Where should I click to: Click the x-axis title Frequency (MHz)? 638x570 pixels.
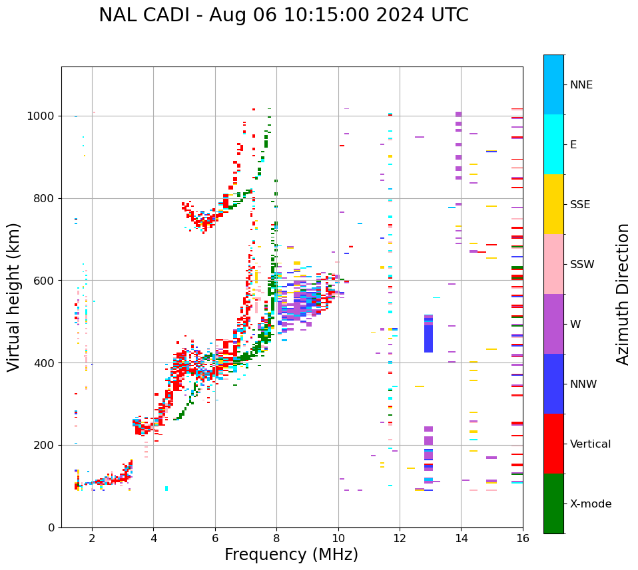[291, 555]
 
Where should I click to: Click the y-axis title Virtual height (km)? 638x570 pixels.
[14, 297]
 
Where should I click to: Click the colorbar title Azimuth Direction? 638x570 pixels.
[623, 294]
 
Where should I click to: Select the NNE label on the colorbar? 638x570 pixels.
[581, 85]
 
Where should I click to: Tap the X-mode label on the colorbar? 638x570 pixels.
[590, 504]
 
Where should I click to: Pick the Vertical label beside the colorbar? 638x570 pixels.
[590, 444]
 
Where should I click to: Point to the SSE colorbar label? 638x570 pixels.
[579, 205]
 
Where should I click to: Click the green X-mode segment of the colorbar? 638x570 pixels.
[553, 503]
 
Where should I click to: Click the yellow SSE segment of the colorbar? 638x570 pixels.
[553, 204]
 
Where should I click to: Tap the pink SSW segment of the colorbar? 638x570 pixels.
[553, 264]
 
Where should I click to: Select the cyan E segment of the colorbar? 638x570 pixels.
[553, 144]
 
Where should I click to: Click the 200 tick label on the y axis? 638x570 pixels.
[46, 445]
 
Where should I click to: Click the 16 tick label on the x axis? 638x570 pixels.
[522, 538]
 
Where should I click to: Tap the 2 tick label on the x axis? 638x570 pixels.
[92, 538]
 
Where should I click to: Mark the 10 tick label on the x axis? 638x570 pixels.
[338, 538]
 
